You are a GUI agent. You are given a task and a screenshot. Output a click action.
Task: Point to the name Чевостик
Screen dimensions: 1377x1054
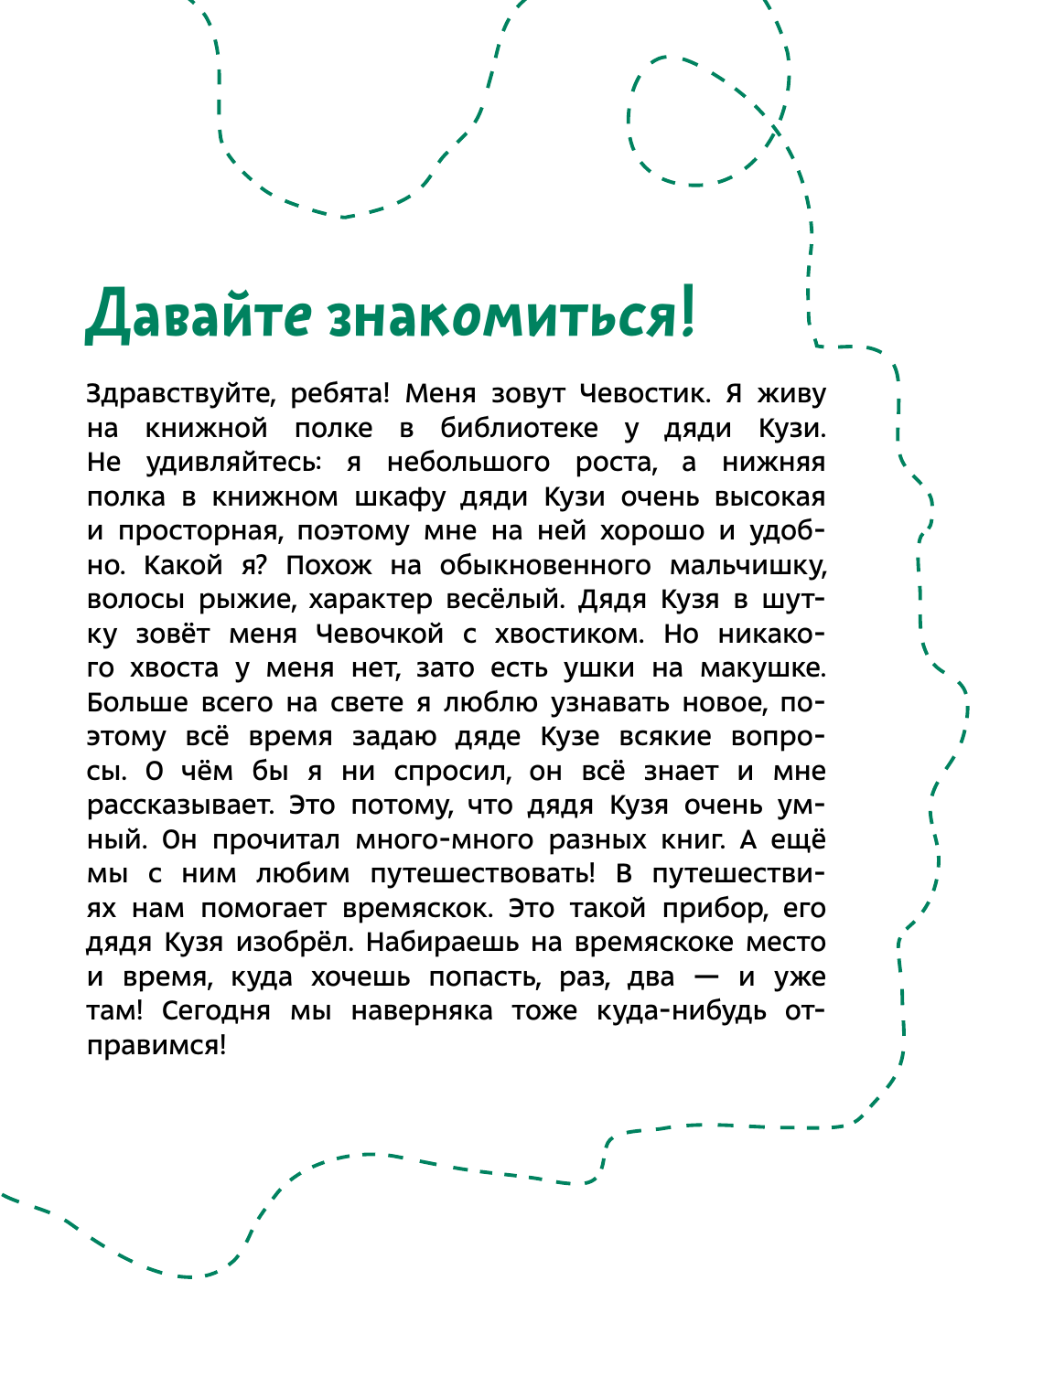pyautogui.click(x=644, y=394)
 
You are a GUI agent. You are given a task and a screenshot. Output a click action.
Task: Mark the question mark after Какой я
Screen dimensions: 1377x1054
pyautogui.click(x=261, y=565)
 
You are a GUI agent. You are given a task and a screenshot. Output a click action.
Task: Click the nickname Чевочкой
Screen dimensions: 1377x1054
pyautogui.click(x=380, y=634)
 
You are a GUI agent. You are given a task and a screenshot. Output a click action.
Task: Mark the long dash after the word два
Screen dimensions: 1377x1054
pyautogui.click(x=706, y=977)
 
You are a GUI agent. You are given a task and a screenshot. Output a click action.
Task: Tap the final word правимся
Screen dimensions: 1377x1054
pyautogui.click(x=156, y=1045)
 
